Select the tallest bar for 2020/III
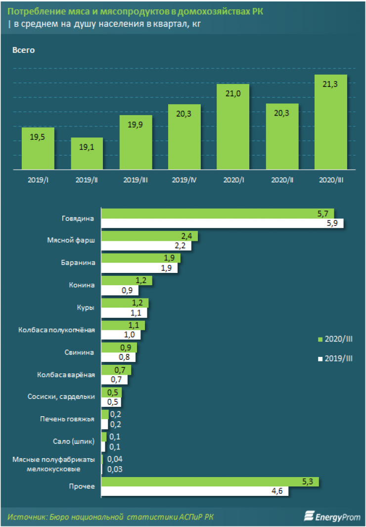click(x=331, y=122)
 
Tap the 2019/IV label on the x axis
click(x=184, y=180)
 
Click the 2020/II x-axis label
click(x=282, y=180)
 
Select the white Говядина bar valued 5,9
click(x=222, y=224)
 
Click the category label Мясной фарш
click(x=75, y=240)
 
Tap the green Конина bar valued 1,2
click(x=127, y=281)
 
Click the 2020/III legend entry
click(x=335, y=339)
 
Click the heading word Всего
click(x=23, y=50)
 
